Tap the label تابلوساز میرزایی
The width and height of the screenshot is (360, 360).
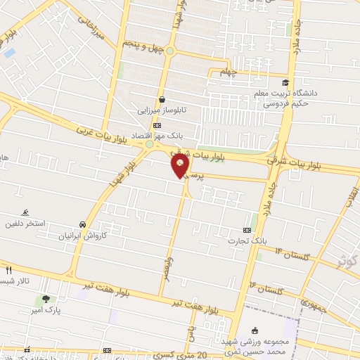(x=162, y=110)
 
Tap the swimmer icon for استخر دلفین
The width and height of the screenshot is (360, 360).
(x=27, y=212)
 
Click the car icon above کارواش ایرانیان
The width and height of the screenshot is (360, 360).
(x=84, y=224)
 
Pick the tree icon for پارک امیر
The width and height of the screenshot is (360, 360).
(x=46, y=300)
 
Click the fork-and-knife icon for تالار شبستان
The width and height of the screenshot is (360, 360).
(x=8, y=269)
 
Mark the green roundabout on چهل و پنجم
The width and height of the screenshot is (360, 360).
(x=169, y=51)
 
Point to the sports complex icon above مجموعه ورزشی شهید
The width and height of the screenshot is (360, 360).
(x=255, y=330)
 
